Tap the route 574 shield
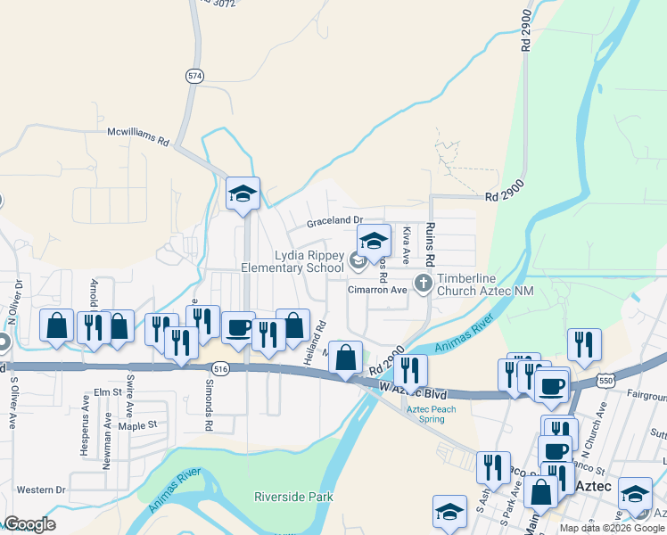194,77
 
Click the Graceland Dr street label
335,220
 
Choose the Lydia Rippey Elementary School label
292,261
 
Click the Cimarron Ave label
377,290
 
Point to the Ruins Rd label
429,245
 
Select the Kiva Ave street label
405,244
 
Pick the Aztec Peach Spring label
432,415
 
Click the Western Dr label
41,490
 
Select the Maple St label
137,425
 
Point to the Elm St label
106,391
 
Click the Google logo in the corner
29,524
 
